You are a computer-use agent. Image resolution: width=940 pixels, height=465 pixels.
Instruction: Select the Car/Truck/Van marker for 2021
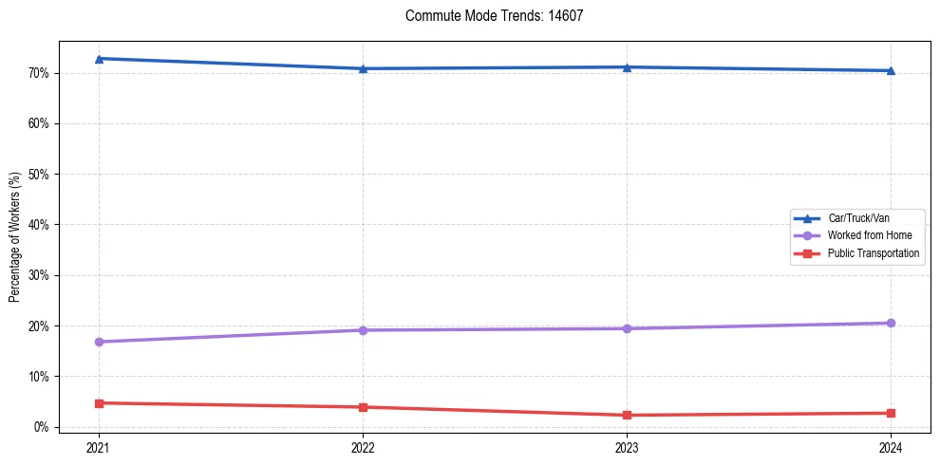tap(99, 59)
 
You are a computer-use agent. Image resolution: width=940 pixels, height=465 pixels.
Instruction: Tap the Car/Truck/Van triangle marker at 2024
tap(891, 70)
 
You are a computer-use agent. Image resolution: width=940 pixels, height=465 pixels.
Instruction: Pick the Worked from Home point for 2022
tap(363, 330)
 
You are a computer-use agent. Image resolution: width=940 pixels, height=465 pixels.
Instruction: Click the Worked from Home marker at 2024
tap(891, 323)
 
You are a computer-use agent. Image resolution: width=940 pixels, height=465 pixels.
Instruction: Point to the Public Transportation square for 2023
tap(627, 415)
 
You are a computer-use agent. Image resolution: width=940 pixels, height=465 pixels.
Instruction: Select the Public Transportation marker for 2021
tap(99, 403)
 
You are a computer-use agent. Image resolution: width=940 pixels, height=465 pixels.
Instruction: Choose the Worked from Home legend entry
tap(869, 235)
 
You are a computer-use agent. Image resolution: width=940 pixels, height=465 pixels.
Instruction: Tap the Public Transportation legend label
tap(874, 253)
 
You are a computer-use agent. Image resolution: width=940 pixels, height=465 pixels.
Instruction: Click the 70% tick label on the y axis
tap(38, 73)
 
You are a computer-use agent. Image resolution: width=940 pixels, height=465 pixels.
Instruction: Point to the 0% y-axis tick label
tap(41, 427)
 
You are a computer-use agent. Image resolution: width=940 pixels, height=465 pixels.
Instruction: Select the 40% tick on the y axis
tap(38, 225)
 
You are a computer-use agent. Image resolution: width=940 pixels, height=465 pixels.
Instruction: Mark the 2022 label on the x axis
tap(363, 446)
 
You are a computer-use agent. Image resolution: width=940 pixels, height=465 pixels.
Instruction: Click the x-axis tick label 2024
tap(891, 446)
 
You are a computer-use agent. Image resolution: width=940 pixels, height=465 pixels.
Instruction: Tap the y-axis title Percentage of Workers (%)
tap(15, 237)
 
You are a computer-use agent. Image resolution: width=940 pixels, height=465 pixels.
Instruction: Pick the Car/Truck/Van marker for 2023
tap(627, 67)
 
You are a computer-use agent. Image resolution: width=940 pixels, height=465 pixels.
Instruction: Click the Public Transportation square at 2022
tap(363, 407)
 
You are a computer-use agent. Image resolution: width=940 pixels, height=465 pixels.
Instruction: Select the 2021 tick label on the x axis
tap(99, 446)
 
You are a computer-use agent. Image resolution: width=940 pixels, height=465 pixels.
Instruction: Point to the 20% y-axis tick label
tap(38, 325)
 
